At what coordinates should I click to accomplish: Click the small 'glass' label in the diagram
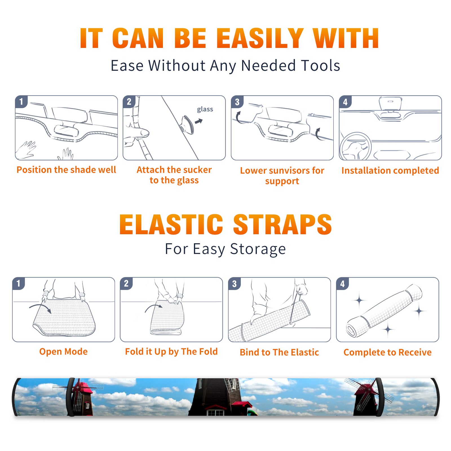(x=205, y=109)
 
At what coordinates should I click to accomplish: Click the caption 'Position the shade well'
(x=66, y=170)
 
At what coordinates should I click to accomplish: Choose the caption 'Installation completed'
(x=390, y=170)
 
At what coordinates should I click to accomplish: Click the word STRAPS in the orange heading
(x=282, y=224)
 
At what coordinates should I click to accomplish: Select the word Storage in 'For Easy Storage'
(x=258, y=249)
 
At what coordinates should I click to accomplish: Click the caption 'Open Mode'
(x=63, y=351)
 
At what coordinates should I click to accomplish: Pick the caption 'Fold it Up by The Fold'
(x=171, y=351)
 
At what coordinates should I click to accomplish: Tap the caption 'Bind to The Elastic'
(x=279, y=352)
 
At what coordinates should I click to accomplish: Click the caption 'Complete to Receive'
(x=388, y=352)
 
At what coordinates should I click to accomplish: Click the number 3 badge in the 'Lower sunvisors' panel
(x=237, y=102)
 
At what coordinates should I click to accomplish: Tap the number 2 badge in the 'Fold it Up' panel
(x=126, y=283)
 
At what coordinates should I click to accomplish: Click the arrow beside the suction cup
(x=199, y=121)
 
